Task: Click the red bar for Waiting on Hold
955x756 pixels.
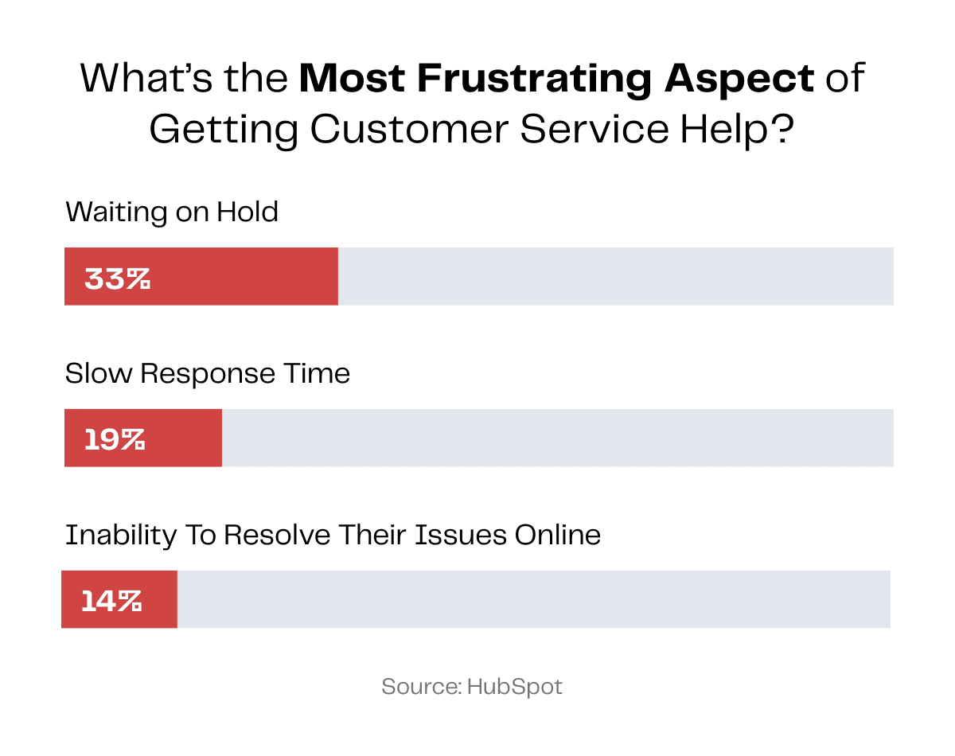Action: (239, 276)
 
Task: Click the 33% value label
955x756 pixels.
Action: (117, 279)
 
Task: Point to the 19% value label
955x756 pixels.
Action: (115, 439)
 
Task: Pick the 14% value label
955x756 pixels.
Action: (111, 601)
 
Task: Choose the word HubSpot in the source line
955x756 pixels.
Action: (515, 687)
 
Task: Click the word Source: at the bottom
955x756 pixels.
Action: (421, 687)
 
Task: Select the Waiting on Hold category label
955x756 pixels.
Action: (172, 212)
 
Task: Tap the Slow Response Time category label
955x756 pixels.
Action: (208, 373)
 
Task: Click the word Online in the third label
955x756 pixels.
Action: (557, 535)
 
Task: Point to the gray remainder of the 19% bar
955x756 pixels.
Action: (557, 438)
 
